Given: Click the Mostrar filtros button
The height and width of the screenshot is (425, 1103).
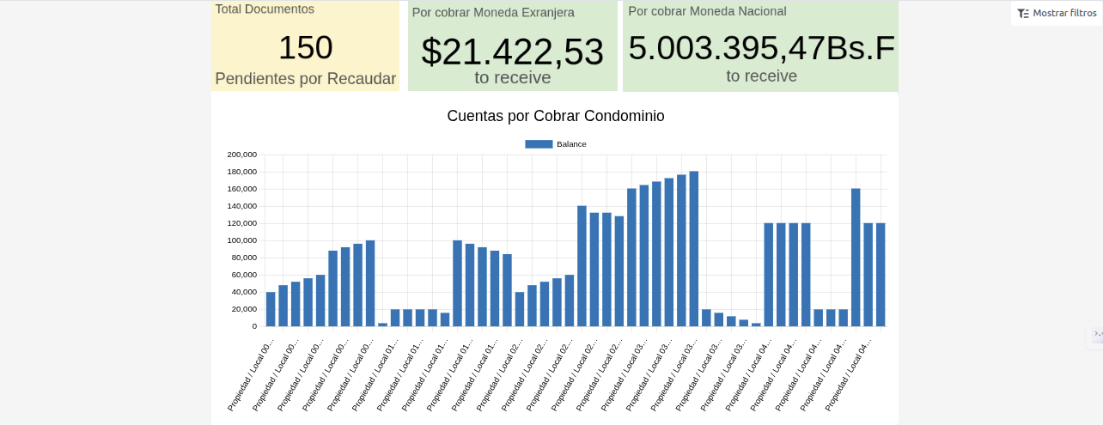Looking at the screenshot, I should coord(1057,13).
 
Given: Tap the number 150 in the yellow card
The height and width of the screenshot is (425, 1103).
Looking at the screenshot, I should coord(305,47).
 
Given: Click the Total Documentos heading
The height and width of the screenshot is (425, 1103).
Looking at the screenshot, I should coord(265,9).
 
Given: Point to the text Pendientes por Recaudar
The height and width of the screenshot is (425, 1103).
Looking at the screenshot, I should coord(305,79).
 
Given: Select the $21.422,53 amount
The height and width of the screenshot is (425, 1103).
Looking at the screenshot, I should coord(512,52).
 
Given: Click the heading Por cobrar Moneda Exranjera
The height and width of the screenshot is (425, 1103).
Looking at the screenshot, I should coord(493,13).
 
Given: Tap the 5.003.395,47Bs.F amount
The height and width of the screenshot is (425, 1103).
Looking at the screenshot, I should coord(761,48).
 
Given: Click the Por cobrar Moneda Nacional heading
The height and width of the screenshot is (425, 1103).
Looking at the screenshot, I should coord(707,11).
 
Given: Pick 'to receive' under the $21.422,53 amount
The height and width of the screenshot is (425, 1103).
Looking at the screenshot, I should coord(512,77).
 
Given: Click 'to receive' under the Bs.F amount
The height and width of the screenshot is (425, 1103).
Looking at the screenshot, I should coord(761,76).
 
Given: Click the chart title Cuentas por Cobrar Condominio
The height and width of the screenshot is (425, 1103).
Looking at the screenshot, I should coord(555,116).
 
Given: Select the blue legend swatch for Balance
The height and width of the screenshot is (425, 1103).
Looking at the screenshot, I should coord(539,144).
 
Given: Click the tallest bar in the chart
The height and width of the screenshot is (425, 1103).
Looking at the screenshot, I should coord(693,249).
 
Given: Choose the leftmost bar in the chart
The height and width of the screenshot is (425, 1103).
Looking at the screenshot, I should coord(271,309).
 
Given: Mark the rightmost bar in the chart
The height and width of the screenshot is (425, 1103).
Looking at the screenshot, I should coord(881,275).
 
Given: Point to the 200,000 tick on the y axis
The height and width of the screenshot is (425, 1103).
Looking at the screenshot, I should coord(241,155).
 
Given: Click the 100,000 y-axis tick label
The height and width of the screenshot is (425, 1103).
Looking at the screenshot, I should coord(241,240).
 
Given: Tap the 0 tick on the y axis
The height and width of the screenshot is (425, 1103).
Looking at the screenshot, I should coord(254,326).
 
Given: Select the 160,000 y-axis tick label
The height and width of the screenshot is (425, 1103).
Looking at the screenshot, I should coord(241,189).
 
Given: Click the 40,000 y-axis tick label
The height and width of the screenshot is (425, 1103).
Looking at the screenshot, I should coord(244,292).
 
